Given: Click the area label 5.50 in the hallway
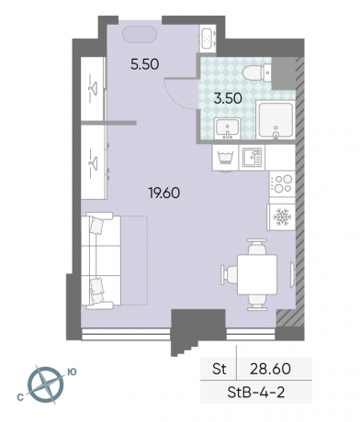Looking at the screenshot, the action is pos(145,64).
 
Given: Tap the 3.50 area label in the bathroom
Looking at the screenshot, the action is pos(228,98).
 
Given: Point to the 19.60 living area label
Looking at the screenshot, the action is pos(164,193).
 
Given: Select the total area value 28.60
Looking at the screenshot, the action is pos(270,369).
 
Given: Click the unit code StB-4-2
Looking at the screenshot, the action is pos(256,392).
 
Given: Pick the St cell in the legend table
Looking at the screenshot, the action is pos(219,369).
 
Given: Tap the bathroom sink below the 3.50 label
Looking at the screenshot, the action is pos(227,128).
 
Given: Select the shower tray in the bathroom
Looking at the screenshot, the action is pos(276,120).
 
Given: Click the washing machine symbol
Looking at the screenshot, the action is pos(225,158).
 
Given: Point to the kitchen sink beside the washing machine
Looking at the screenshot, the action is pos(252,158).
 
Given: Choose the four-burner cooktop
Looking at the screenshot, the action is pos(282,183).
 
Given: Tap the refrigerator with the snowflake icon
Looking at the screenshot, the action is pos(282,217).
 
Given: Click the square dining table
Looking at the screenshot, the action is pos(257,274).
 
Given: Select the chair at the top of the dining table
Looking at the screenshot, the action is pos(257,247).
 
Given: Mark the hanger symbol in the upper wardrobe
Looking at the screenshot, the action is pos(91,88).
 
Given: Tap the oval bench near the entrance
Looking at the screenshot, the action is pos(140,35).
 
